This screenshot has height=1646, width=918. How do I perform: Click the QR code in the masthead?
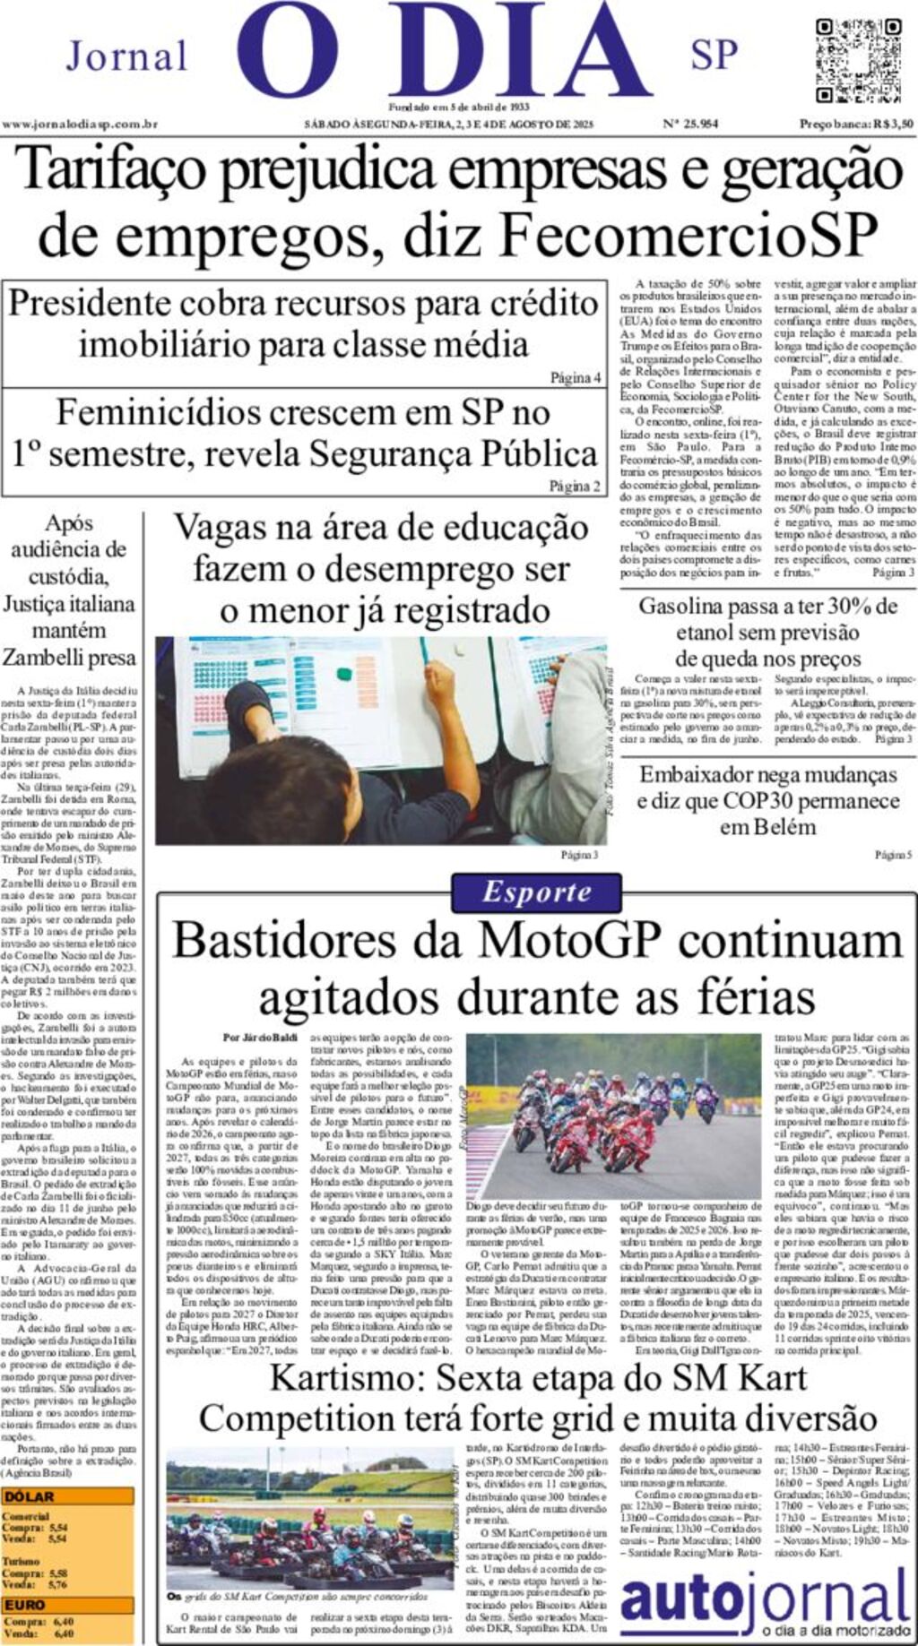858,60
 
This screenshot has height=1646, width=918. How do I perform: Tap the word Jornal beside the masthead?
126,56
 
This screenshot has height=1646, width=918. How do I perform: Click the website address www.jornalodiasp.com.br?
80,125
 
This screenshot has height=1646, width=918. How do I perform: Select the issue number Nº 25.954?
690,125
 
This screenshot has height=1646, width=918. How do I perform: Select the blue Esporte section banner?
536,892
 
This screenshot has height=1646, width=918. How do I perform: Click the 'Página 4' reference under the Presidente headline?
575,377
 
